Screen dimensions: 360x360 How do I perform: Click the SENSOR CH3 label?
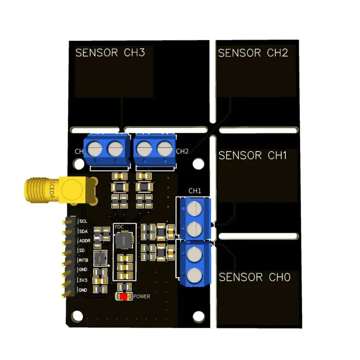pos(110,53)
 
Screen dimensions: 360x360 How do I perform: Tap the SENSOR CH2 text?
pos(252,53)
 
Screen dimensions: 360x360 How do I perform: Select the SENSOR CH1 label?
pos(252,156)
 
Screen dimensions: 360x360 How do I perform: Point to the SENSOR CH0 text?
pos(254,277)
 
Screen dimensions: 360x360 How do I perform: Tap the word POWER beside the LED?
pos(141,297)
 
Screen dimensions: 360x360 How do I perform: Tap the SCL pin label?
pos(83,221)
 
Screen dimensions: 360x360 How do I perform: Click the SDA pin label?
pos(83,231)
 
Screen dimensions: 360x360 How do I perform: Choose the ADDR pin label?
pos(85,241)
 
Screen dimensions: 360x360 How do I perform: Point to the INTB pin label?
pos(84,261)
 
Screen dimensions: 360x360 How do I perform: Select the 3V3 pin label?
pos(83,280)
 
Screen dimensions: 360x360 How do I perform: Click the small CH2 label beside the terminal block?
pos(182,151)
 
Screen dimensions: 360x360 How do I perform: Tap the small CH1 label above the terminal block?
pos(195,191)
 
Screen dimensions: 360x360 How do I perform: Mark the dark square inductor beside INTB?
pos(101,258)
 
